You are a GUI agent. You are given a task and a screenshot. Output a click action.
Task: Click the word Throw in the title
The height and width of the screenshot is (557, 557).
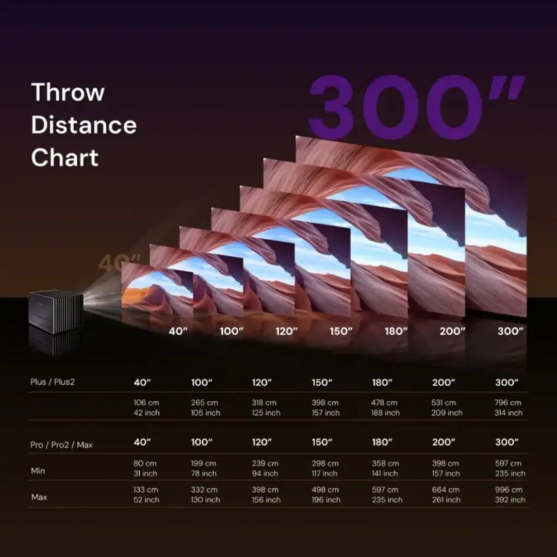tap(68, 93)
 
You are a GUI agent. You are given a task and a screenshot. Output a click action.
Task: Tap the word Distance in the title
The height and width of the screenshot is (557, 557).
tap(84, 125)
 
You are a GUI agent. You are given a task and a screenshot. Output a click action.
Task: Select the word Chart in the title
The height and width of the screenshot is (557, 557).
tap(64, 158)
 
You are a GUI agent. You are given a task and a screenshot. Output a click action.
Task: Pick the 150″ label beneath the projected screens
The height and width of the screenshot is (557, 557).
tap(340, 331)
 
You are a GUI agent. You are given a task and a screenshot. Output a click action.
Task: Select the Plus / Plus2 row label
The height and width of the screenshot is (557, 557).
tap(52, 382)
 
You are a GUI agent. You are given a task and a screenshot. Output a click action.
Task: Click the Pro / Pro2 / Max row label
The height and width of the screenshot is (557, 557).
tap(61, 445)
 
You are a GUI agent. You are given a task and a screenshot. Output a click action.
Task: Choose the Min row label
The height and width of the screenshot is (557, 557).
tap(38, 470)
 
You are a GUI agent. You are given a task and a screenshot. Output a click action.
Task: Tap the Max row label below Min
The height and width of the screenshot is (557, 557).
tap(39, 497)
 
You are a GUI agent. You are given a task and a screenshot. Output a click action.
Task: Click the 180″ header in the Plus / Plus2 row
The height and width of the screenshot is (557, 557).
tap(382, 383)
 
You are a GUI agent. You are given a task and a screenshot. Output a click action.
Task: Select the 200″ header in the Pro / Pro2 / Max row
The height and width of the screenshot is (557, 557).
tap(444, 442)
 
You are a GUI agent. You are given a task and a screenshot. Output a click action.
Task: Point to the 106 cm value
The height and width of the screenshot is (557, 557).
tap(146, 402)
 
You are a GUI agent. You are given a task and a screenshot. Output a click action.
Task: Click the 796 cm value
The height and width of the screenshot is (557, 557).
tap(508, 402)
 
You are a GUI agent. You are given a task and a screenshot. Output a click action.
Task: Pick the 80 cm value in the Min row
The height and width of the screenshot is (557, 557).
tap(145, 463)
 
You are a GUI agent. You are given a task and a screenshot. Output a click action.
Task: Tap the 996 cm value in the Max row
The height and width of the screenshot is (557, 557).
tap(509, 489)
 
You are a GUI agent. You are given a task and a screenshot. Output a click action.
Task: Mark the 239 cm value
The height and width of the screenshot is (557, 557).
tap(265, 463)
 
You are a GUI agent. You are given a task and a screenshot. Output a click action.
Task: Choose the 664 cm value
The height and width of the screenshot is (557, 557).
tap(446, 489)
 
